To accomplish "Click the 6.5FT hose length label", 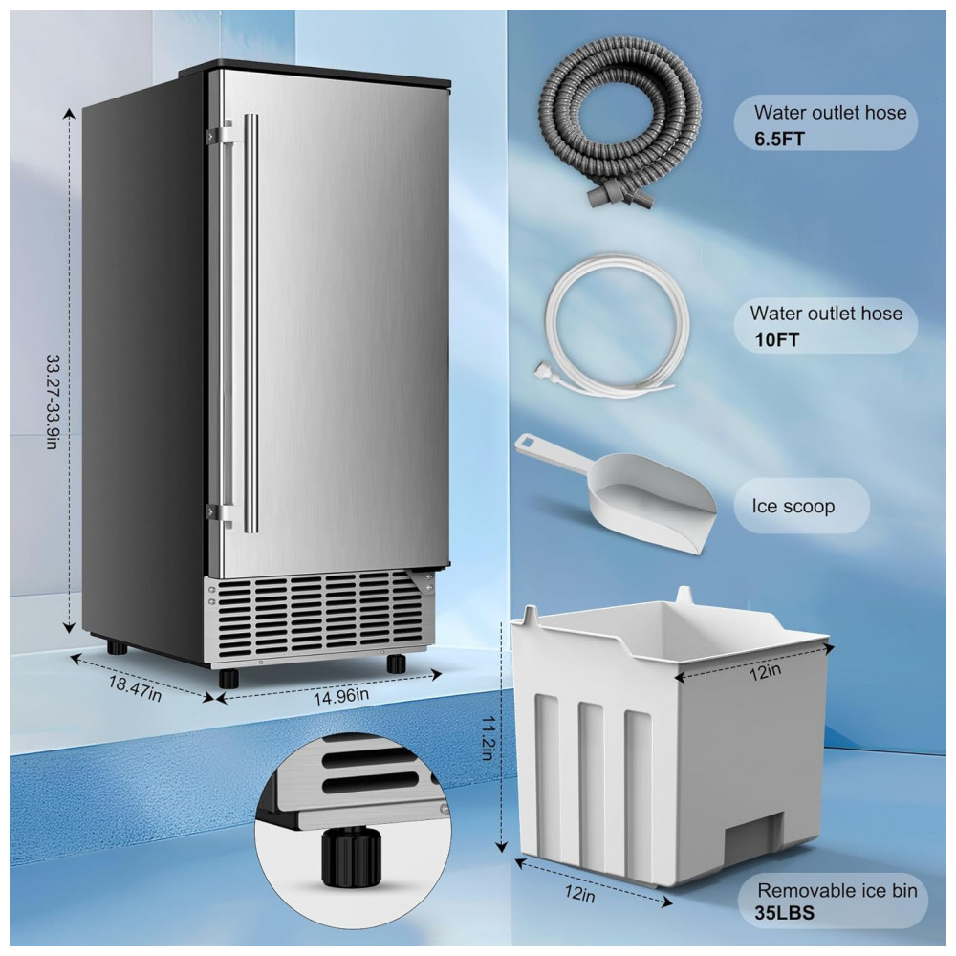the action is tap(780, 139).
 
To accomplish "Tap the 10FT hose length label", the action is tap(776, 339).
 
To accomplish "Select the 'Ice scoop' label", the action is tap(793, 506).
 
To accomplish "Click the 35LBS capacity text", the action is tap(784, 913).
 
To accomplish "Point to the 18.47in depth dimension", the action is tap(135, 689).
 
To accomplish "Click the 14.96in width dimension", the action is tap(341, 695).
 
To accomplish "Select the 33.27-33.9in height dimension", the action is tap(53, 402).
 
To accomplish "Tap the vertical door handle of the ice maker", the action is tap(250, 323).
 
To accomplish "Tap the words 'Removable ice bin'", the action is tap(837, 891).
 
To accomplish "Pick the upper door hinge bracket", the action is tap(219, 132).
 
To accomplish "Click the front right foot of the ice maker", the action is tap(397, 663).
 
